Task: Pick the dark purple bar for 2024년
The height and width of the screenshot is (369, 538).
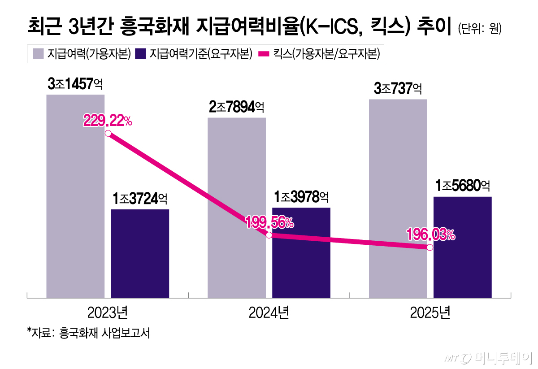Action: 301,260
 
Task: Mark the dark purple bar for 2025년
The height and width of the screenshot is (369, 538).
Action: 462,260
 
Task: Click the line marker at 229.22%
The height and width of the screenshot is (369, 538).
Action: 108,133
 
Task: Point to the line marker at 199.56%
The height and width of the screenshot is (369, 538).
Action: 269,235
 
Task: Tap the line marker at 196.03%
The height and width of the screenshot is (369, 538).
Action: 430,247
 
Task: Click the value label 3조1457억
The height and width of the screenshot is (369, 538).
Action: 75,84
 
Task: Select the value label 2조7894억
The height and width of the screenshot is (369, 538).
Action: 236,107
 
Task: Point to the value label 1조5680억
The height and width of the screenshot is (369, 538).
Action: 463,186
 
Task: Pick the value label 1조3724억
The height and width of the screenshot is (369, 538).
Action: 140,199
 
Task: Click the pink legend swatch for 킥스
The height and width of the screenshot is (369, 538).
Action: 263,54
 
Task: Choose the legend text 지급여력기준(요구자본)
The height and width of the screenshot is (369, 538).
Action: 200,54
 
